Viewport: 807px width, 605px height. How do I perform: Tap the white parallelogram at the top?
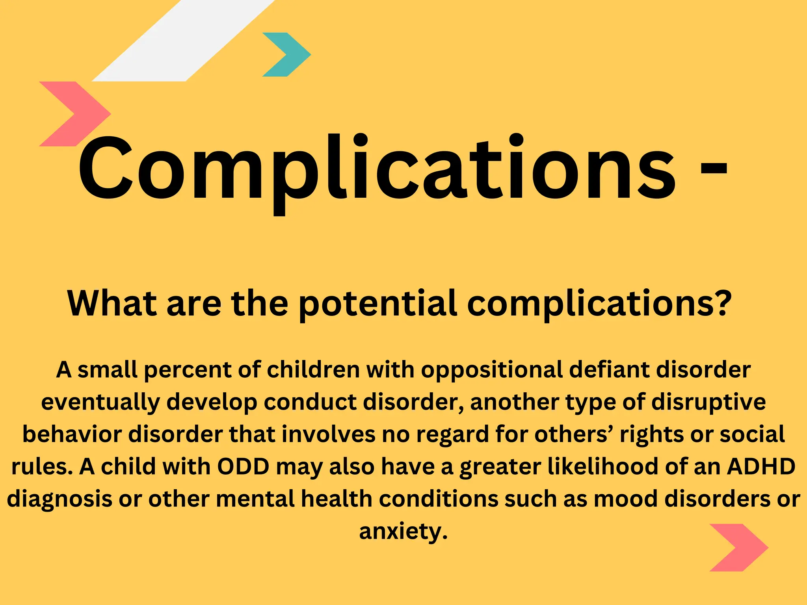(x=183, y=41)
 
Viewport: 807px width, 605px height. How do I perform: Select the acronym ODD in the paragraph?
(x=243, y=467)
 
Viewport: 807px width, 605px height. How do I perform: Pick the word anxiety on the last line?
(x=403, y=532)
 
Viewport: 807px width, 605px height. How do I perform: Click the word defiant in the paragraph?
(x=609, y=370)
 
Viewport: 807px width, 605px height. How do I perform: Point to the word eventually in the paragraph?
(x=100, y=403)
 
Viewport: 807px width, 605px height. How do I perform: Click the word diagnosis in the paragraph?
(x=60, y=499)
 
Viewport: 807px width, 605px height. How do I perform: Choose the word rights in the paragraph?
(x=651, y=435)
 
